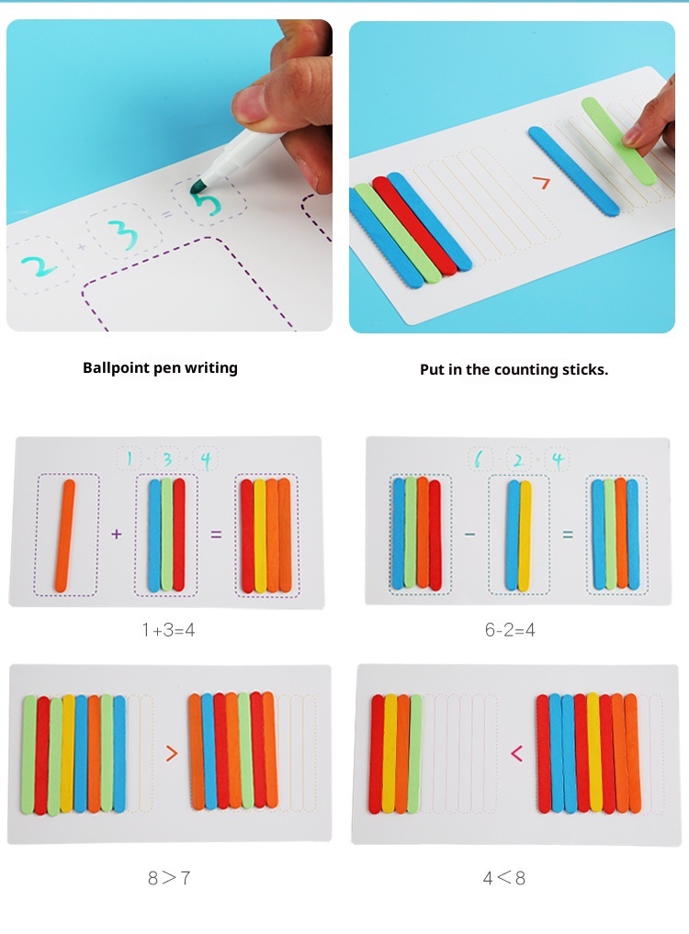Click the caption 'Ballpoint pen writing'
coord(161,368)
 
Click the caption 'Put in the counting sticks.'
coord(514,370)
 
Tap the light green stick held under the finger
coord(617,140)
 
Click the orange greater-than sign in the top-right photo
coord(540,182)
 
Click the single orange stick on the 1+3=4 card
coord(65,535)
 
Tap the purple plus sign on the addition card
coord(117,534)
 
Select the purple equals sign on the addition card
coord(216,535)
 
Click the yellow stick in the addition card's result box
coord(260,535)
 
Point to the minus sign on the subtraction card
coord(469,535)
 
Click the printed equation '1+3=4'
coord(169,630)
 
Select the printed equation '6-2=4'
coord(510,630)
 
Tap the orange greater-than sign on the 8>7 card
coord(172,753)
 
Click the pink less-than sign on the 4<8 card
coord(516,753)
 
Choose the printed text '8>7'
coord(169,877)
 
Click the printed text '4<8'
coord(504,877)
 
